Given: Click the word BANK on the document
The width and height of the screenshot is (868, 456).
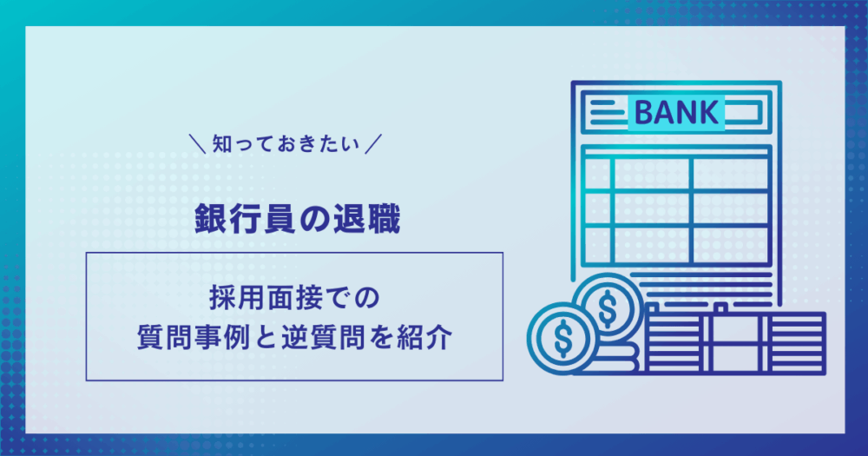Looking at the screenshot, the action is pos(676,112).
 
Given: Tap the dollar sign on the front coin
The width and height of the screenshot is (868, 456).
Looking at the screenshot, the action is pos(563,337).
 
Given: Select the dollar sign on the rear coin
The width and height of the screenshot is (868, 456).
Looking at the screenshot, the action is pos(608,307).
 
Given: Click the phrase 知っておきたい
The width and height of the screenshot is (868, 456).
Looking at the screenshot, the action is pos(286,144).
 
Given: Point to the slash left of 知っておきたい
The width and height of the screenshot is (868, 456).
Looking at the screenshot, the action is pos(197,144).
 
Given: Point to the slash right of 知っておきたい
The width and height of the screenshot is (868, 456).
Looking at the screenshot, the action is pos(373,144).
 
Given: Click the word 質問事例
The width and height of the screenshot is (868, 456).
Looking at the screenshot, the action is pos(191,337).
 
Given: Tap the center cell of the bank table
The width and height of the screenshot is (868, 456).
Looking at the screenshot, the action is pos(652,208).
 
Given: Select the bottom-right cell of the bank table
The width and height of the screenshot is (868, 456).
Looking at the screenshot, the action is pos(731,244).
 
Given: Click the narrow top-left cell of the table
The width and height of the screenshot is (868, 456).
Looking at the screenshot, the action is pos(597,174).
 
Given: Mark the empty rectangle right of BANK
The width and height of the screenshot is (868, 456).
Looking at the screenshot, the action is pos(741,112).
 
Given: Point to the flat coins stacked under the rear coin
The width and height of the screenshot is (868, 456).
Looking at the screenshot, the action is pos(620,357).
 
